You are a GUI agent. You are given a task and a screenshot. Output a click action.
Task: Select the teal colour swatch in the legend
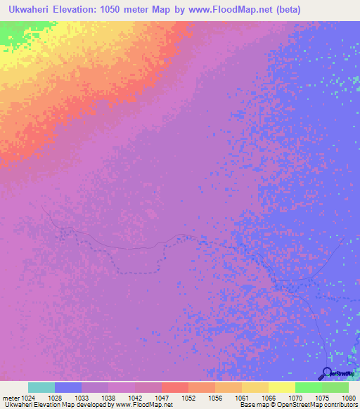41,387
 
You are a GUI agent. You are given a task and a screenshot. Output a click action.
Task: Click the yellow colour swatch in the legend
282,387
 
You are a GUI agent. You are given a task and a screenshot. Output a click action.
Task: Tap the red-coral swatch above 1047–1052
175,387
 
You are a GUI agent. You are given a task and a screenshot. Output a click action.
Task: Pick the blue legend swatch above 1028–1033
68,387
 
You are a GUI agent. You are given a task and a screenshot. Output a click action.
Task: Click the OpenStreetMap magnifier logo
327,373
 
